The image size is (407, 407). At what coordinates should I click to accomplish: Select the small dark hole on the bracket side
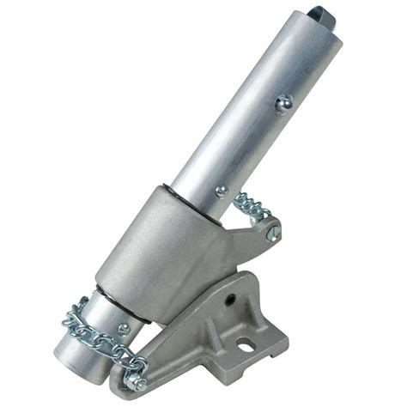click(x=230, y=300)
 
